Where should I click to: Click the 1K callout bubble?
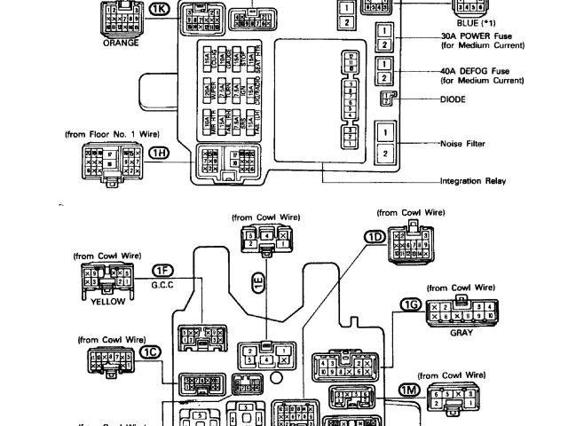pyautogui.click(x=159, y=10)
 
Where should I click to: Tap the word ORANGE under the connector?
pyautogui.click(x=121, y=41)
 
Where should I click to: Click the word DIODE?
pyautogui.click(x=454, y=99)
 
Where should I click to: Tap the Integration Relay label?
pyautogui.click(x=472, y=180)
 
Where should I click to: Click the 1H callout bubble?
pyautogui.click(x=159, y=153)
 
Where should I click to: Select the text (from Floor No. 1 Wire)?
pyautogui.click(x=112, y=133)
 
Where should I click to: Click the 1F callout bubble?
pyautogui.click(x=162, y=270)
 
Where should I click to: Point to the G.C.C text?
pyautogui.click(x=162, y=284)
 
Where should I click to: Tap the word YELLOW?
pyautogui.click(x=107, y=300)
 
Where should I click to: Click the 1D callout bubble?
pyautogui.click(x=375, y=237)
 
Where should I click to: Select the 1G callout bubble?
pyautogui.click(x=409, y=304)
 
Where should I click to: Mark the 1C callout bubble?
pyautogui.click(x=154, y=351)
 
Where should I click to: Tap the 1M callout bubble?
pyautogui.click(x=409, y=390)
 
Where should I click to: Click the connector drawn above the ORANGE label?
pyautogui.click(x=121, y=19)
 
